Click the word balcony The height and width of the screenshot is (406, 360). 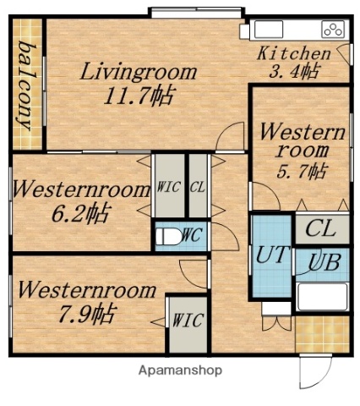click(26, 85)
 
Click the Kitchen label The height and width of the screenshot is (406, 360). click(288, 52)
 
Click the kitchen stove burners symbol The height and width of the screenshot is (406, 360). click(332, 30)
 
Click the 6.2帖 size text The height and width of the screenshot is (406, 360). click(79, 212)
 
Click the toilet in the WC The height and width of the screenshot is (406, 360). click(168, 236)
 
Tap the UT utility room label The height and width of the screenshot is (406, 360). click(270, 254)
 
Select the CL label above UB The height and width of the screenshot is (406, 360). click(321, 228)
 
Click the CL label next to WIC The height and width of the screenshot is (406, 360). click(197, 188)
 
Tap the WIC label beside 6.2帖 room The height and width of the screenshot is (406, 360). click(167, 188)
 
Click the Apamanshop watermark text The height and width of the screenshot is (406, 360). click(179, 370)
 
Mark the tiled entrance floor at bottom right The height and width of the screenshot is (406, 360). click(321, 333)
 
